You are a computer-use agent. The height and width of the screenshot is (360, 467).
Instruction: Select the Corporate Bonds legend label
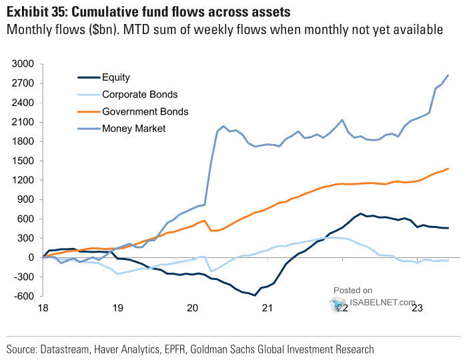140,94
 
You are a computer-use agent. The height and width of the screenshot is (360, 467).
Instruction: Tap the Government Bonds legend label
145,111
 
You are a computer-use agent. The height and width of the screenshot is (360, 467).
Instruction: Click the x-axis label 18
43,309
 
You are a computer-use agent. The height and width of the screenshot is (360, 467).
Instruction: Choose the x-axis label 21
268,309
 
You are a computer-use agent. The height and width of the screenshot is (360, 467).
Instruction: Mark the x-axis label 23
418,309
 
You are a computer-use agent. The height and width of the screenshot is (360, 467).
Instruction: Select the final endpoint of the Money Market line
448,75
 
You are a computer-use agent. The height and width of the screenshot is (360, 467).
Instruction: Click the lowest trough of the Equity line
255,295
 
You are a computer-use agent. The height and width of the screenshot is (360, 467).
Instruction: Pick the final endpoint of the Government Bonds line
448,169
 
